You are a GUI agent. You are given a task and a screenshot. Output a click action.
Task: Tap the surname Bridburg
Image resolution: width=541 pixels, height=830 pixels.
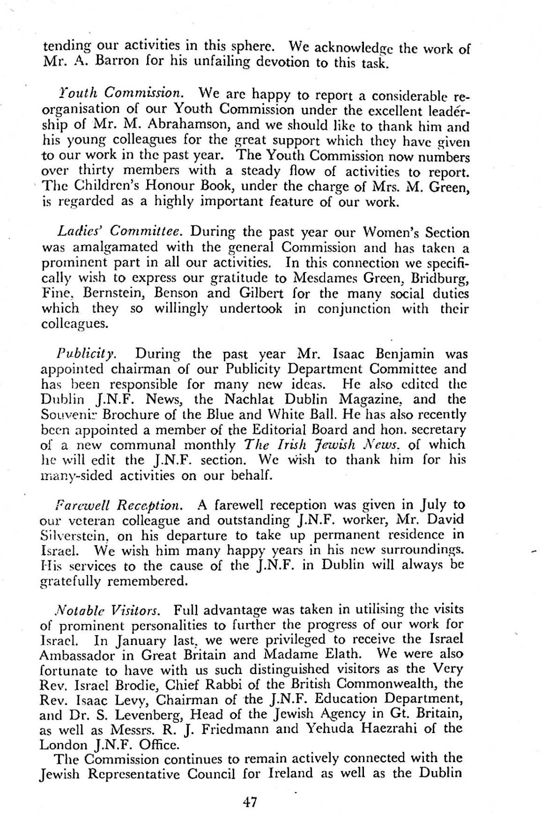440,278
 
